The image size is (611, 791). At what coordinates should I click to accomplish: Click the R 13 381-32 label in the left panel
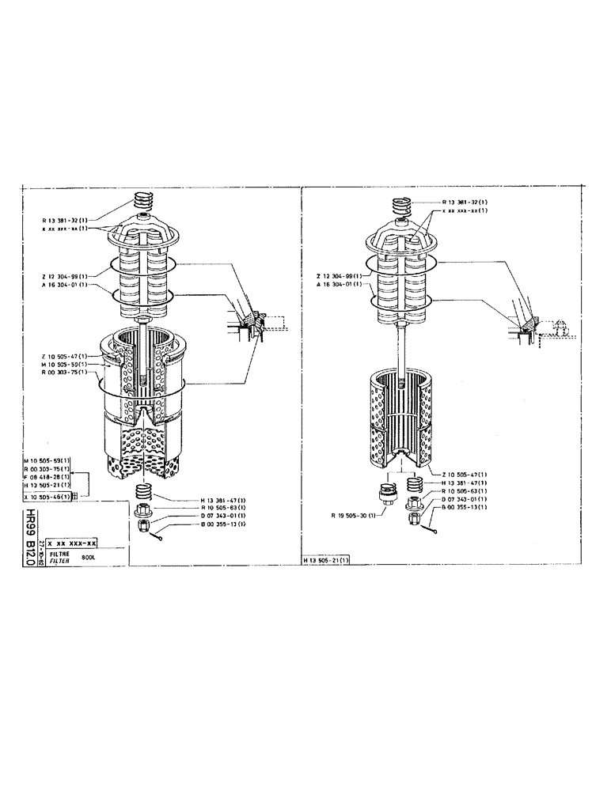point(66,219)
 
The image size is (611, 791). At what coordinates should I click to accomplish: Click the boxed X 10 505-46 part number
point(47,497)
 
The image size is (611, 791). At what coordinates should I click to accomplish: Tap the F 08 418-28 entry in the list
point(47,478)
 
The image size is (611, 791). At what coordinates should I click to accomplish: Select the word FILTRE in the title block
point(59,554)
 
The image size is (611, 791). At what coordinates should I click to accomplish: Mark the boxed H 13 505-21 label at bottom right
point(328,560)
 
